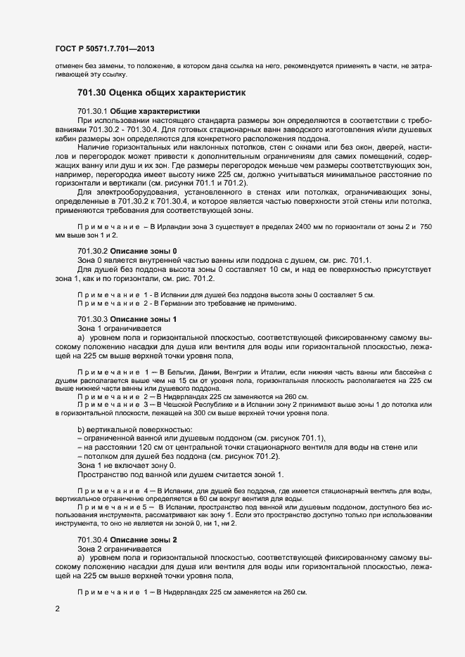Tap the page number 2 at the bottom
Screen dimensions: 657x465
click(x=58, y=609)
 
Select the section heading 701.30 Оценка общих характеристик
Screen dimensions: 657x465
click(x=161, y=92)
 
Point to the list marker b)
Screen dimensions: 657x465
click(x=81, y=429)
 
